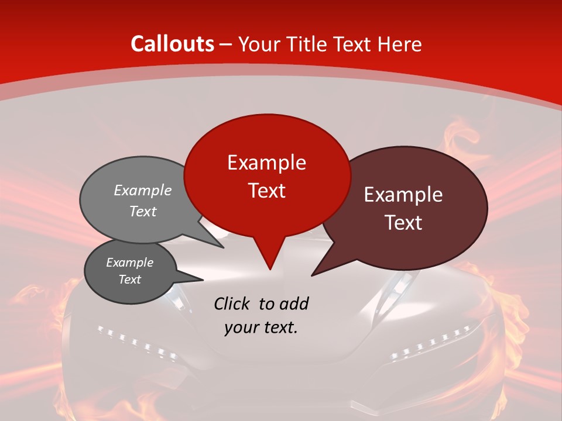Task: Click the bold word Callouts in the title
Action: point(172,44)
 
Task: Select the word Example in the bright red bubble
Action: point(266,163)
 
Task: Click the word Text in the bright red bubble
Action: point(266,191)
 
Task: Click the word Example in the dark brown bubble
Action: point(403,195)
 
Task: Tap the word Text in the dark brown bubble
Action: point(403,223)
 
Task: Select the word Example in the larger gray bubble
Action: point(142,191)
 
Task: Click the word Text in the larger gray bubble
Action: point(142,212)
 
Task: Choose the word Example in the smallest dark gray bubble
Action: point(129,263)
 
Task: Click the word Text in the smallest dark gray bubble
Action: point(129,279)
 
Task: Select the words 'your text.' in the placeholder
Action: point(261,327)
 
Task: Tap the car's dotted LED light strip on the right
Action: point(430,344)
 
